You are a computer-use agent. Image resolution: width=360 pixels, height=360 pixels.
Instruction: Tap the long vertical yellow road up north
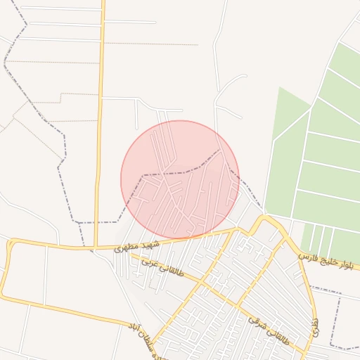click(100, 105)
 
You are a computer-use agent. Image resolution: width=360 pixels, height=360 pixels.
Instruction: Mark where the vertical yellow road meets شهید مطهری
click(95, 247)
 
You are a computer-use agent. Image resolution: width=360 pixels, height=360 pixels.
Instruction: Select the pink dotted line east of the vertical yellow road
click(155, 44)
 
